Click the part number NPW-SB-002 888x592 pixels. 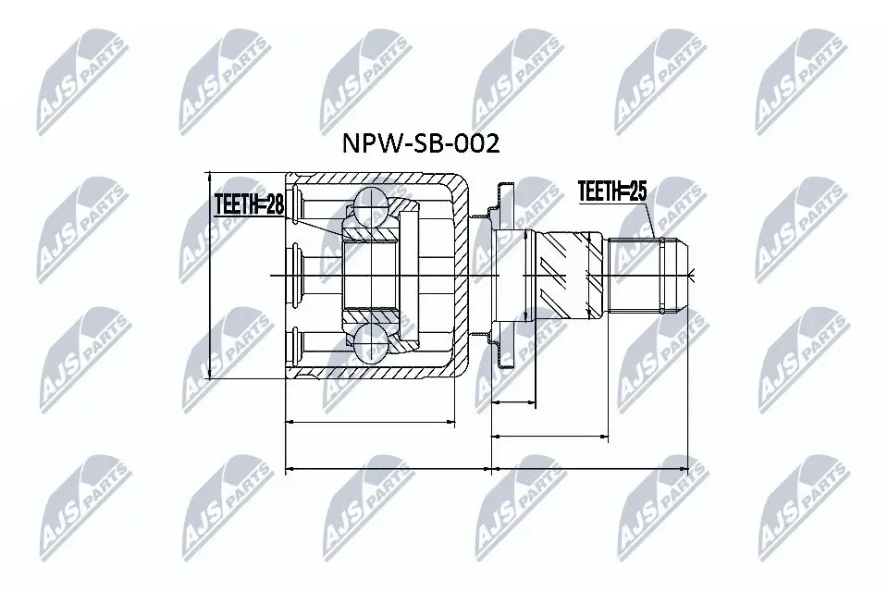(x=421, y=145)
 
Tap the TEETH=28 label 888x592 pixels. (x=248, y=204)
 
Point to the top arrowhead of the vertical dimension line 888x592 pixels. (x=212, y=176)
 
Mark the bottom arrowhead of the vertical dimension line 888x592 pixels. (x=212, y=375)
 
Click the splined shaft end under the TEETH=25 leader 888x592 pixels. (x=647, y=275)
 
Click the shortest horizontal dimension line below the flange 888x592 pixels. (x=513, y=402)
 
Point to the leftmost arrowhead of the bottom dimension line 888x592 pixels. (x=290, y=469)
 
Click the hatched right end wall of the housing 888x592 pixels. (x=460, y=275)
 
